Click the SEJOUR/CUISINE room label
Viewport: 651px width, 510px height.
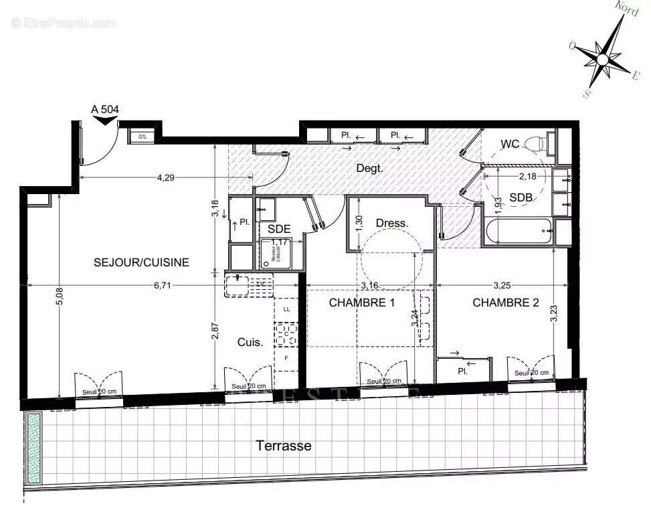pyautogui.click(x=141, y=262)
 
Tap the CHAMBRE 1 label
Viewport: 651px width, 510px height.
pyautogui.click(x=362, y=303)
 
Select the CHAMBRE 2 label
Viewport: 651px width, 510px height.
pyautogui.click(x=506, y=303)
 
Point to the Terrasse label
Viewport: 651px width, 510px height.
pyautogui.click(x=284, y=445)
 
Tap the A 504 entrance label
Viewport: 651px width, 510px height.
pyautogui.click(x=105, y=108)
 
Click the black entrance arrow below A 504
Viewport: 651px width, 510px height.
pyautogui.click(x=105, y=120)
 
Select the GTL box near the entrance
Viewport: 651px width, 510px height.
pyautogui.click(x=142, y=136)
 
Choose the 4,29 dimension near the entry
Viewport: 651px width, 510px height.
pyautogui.click(x=165, y=177)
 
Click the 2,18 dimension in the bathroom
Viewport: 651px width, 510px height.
pyautogui.click(x=528, y=176)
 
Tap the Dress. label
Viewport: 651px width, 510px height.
pyautogui.click(x=392, y=223)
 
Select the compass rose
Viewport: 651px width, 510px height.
pyautogui.click(x=601, y=60)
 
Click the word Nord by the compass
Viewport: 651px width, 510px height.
pyautogui.click(x=626, y=9)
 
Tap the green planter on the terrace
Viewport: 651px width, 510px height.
pyautogui.click(x=33, y=448)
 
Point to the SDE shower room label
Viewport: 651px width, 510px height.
pyautogui.click(x=279, y=229)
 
